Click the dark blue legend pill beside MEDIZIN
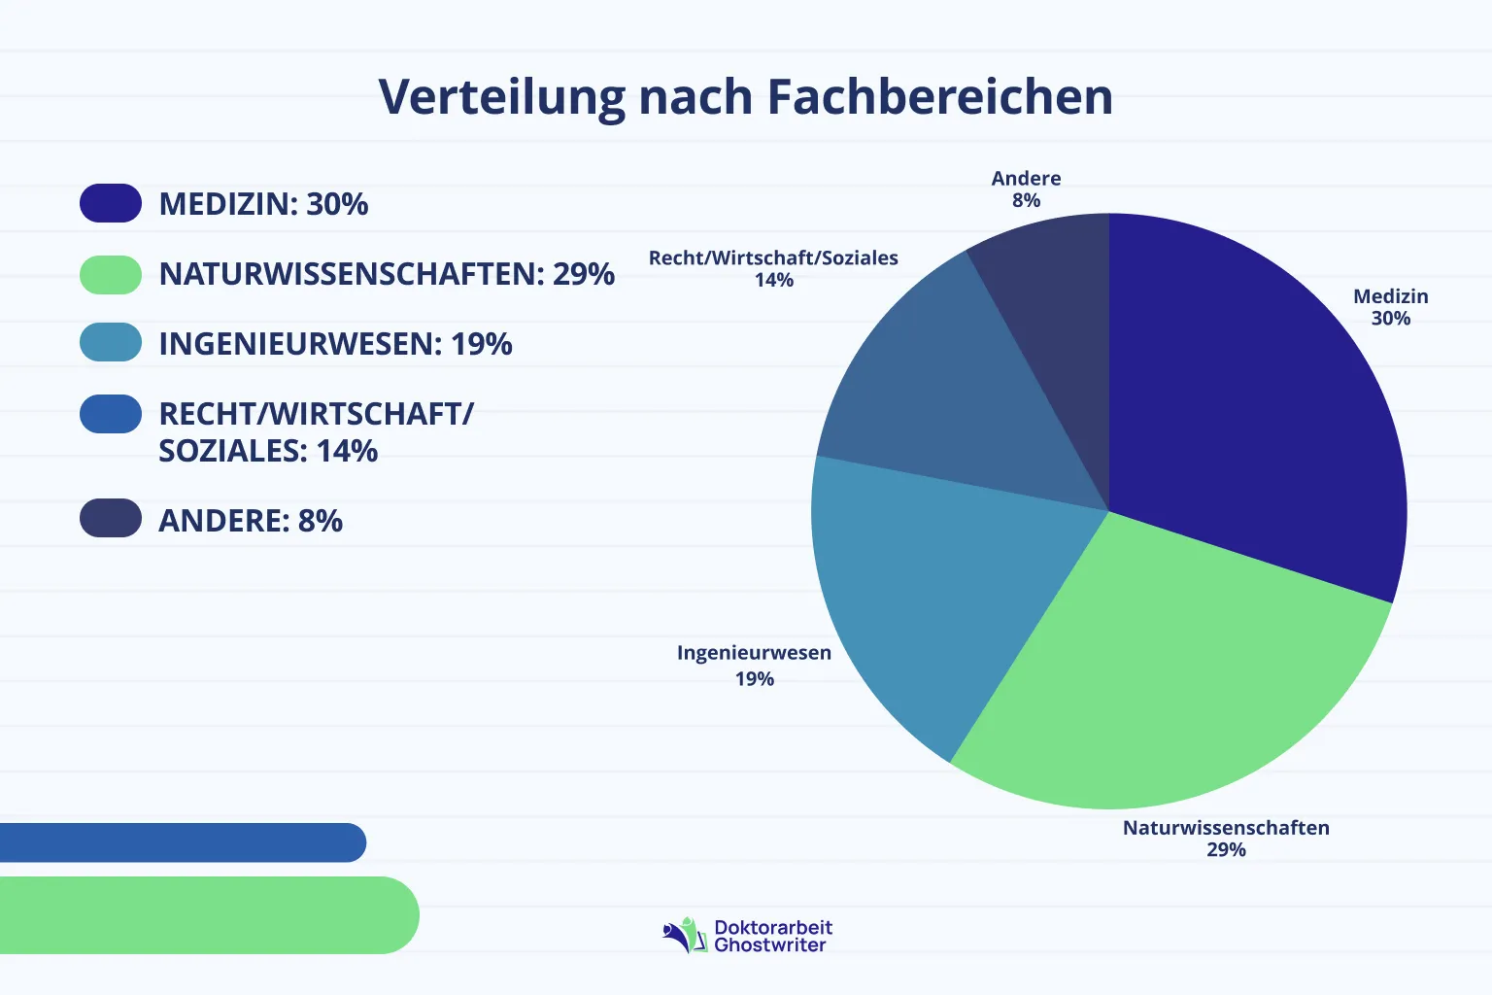[111, 203]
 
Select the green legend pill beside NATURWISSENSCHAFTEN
[111, 275]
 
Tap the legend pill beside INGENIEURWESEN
[111, 342]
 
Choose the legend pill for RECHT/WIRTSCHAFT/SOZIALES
[111, 414]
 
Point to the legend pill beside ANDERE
[111, 518]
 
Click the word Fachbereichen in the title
[939, 97]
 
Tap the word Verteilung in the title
[502, 97]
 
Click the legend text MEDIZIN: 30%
[263, 204]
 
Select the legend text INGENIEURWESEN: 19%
[335, 344]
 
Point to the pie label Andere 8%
[1026, 189]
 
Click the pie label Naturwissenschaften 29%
[1226, 838]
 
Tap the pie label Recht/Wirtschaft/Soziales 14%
[773, 268]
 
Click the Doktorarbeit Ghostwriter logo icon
[685, 936]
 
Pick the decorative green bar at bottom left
[204, 915]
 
